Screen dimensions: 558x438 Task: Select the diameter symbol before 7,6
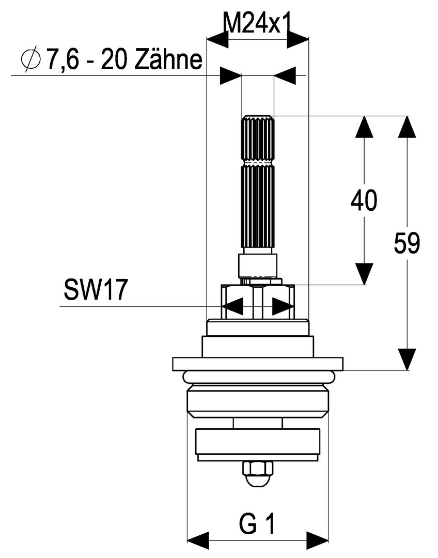[x=31, y=60]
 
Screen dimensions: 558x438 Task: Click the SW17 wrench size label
[x=95, y=291]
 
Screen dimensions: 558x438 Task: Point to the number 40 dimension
[x=364, y=200]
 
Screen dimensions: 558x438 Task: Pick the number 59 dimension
[x=407, y=243]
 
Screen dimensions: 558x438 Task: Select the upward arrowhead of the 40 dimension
[x=365, y=127]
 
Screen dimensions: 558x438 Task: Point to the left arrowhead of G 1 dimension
[x=197, y=539]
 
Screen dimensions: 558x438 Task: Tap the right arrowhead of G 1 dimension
[x=317, y=539]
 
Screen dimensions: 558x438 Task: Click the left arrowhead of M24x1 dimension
[x=217, y=39]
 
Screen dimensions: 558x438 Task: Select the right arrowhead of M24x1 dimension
[x=298, y=39]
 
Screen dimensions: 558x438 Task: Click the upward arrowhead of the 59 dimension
[x=407, y=127]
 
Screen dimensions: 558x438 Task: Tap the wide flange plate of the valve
[x=257, y=364]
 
